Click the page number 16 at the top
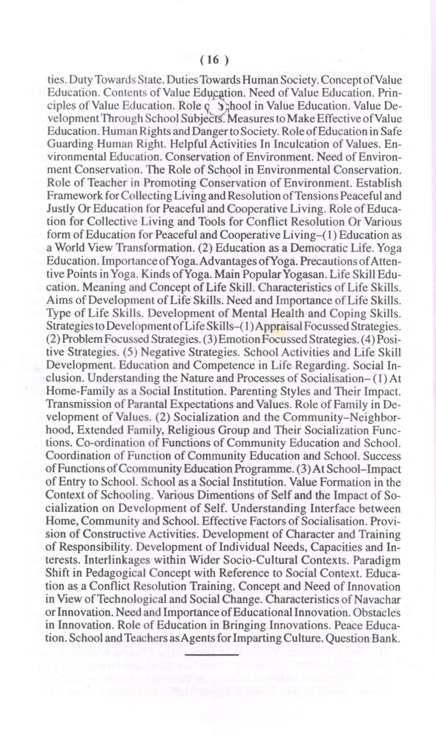214,60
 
